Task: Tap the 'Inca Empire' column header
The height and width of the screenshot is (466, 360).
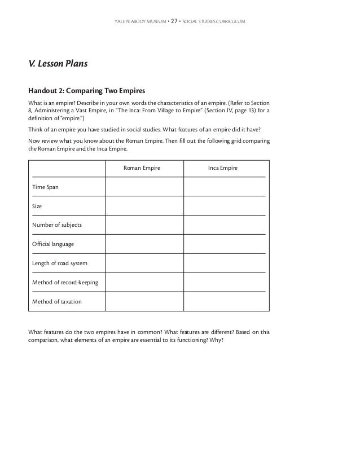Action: [x=222, y=168]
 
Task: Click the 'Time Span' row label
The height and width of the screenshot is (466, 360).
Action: [x=45, y=187]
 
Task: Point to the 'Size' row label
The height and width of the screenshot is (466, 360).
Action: [x=37, y=206]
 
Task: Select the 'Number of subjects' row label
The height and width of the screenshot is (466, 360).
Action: [x=56, y=225]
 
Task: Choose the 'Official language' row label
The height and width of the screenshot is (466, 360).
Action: [x=52, y=244]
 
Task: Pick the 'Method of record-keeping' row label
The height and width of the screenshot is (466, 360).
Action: [x=65, y=283]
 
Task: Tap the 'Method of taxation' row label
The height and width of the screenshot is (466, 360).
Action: [x=56, y=302]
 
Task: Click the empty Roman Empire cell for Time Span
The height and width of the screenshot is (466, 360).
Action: [x=144, y=187]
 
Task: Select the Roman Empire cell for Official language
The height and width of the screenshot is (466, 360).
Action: [x=144, y=244]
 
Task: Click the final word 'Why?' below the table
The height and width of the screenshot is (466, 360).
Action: [x=217, y=340]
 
